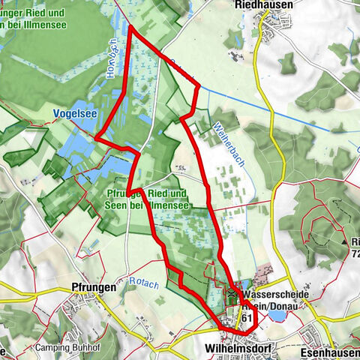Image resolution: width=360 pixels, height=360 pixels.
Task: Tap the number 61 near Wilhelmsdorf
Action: coord(246,318)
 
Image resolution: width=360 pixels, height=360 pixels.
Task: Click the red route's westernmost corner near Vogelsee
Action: coord(95,136)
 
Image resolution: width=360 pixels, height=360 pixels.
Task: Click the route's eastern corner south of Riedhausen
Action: coord(199,86)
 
